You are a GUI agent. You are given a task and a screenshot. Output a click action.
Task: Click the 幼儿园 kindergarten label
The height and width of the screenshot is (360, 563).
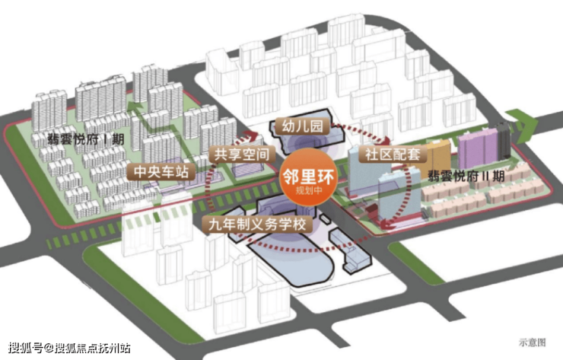302,126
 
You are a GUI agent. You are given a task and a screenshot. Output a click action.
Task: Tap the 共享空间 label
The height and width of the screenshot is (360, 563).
242,155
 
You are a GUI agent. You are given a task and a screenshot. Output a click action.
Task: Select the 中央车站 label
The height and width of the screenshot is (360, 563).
161,171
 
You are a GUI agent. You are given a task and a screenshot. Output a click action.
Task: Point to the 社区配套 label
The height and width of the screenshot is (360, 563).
393,155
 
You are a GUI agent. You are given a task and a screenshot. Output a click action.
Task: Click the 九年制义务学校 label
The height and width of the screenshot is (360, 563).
257,225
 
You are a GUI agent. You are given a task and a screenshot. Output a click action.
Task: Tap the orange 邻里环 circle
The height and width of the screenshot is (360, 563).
309,177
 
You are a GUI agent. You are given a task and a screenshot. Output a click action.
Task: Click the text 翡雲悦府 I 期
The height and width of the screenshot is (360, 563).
86,139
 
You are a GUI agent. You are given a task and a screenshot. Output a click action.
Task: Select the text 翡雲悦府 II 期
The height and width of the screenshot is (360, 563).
466,176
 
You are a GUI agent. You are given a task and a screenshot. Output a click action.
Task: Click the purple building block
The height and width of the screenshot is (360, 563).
478,148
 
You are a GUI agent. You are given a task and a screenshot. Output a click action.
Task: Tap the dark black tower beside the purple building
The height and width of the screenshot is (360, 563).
504,141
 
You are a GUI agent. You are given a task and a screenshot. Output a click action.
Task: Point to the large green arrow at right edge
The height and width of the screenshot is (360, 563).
523,126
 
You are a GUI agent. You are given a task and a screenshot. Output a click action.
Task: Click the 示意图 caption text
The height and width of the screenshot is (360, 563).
532,342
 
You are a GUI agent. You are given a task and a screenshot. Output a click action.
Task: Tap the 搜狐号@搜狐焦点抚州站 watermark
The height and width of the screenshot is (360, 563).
69,348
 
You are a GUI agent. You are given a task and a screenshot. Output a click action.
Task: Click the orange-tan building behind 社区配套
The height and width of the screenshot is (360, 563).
438,155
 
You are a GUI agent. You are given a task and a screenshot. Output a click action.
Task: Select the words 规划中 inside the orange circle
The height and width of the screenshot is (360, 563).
309,190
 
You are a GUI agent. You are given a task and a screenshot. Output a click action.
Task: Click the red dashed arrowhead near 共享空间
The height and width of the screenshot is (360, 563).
251,136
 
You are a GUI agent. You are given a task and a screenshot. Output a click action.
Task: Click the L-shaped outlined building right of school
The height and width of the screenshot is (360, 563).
350,251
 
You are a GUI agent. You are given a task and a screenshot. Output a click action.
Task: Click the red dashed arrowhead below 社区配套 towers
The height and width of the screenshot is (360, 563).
386,225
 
